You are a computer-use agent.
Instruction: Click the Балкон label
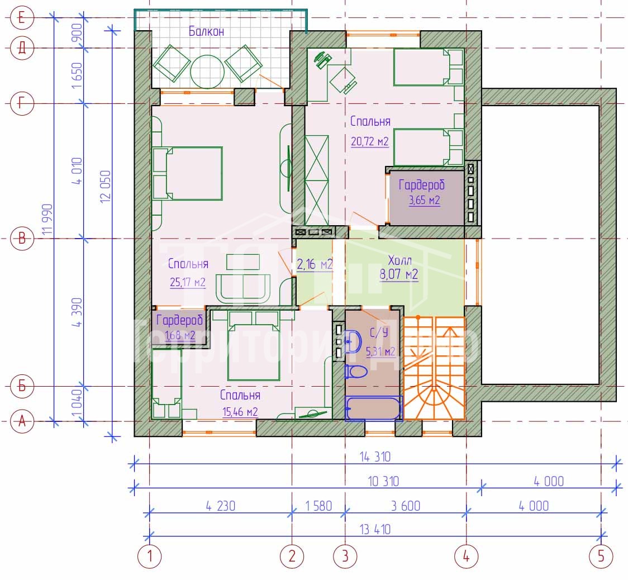point(206,31)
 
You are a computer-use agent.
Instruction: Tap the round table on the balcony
point(207,72)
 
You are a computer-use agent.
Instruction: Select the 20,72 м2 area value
point(370,141)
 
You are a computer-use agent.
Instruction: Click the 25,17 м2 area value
point(187,282)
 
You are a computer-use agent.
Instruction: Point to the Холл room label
point(399,261)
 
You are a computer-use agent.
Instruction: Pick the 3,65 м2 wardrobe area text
point(424,200)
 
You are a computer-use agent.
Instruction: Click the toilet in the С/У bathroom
point(356,372)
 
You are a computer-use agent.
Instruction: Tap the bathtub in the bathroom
point(373,408)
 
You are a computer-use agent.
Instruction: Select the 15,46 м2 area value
point(240,412)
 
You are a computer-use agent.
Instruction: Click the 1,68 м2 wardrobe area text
point(180,335)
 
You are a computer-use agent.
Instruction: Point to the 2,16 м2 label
point(315,264)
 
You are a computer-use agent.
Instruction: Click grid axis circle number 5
point(601,556)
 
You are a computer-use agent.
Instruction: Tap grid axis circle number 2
point(292,556)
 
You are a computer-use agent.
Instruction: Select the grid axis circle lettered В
point(22,239)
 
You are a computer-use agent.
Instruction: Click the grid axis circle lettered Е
point(22,18)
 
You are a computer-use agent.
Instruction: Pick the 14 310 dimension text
point(375,457)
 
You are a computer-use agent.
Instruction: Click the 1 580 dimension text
point(318,506)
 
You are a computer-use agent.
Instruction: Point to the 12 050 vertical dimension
point(106,186)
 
